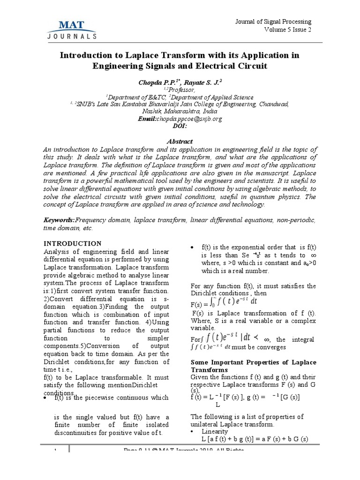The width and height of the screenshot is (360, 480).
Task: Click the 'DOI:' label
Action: (180, 126)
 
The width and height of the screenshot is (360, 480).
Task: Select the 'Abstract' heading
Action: (180, 141)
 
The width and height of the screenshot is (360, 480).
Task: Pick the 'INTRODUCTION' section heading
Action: (72, 243)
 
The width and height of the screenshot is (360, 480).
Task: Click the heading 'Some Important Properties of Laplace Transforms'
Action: (253, 366)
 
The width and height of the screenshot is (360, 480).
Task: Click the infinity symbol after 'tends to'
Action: (313, 255)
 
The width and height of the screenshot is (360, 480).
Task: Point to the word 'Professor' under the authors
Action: (182, 89)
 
